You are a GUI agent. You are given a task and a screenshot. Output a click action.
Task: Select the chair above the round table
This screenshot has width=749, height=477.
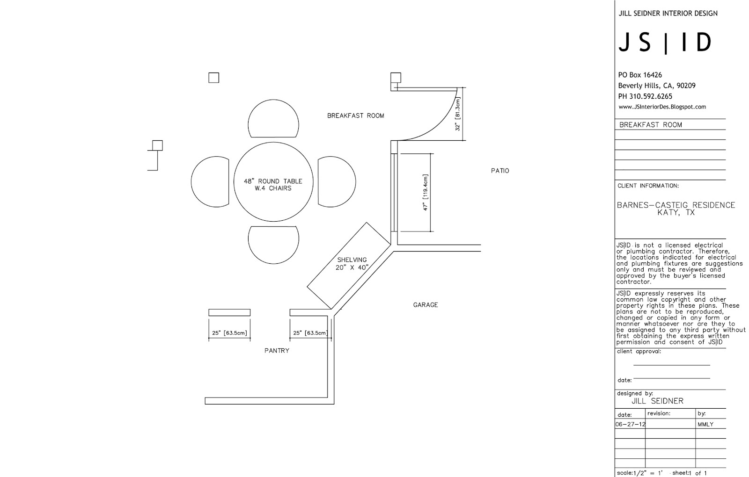[273, 119]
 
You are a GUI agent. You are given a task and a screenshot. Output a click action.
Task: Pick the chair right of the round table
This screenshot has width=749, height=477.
[336, 181]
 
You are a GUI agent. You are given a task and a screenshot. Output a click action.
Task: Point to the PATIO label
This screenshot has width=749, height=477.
[500, 171]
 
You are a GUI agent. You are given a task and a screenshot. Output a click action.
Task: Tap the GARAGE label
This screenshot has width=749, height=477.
[426, 305]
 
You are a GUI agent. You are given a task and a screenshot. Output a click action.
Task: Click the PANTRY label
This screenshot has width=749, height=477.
[277, 351]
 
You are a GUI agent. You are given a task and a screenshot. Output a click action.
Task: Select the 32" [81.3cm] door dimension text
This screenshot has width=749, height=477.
[458, 114]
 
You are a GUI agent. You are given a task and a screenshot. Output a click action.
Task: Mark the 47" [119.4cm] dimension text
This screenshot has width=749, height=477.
[426, 192]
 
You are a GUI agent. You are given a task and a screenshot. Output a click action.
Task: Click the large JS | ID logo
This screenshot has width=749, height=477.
[665, 43]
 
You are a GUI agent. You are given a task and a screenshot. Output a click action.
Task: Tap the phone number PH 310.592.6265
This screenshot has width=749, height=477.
[645, 97]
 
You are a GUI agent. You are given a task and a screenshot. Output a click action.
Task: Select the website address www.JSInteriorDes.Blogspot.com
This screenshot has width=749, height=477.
[662, 107]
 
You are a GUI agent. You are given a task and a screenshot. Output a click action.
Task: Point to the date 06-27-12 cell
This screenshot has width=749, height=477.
[630, 425]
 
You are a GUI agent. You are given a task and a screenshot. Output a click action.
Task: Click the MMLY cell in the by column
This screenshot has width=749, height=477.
[705, 425]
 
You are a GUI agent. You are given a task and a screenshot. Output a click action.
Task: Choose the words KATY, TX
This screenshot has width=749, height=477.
[676, 213]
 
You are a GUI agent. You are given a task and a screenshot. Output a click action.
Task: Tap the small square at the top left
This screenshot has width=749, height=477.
[213, 78]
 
